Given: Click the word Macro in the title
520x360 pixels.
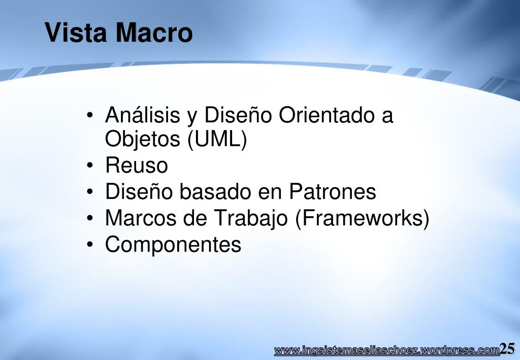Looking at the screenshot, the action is tap(154, 32).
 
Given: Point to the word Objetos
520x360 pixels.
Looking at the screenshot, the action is tap(142, 139).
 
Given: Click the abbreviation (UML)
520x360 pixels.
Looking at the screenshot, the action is tap(217, 139).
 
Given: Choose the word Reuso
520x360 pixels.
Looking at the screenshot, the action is tap(136, 165).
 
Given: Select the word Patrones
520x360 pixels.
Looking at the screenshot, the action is tap(332, 191).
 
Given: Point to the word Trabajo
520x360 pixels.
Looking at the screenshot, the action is tap(250, 219).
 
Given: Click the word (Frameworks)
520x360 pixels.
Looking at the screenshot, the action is tap(362, 218).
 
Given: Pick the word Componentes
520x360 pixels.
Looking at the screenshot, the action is tap(173, 245).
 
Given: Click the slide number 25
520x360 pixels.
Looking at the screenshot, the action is tap(507, 349).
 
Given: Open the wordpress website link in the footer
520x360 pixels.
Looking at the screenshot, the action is tap(386, 350).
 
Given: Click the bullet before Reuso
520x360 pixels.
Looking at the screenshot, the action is tap(90, 165).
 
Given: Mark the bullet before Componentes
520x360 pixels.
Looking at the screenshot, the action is tap(90, 244).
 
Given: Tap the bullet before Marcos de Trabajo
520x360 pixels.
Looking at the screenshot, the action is tap(90, 218).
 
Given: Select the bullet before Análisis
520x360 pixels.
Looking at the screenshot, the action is tap(90, 115).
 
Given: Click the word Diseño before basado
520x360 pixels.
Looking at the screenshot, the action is tap(139, 191).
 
